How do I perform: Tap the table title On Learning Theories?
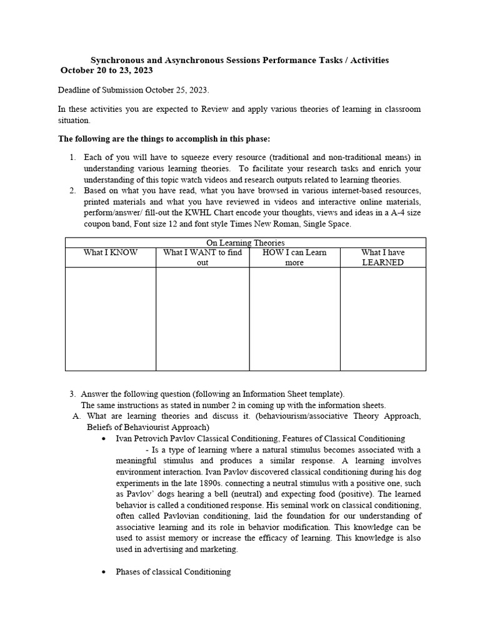pyautogui.click(x=245, y=242)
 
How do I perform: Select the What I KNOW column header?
pyautogui.click(x=111, y=252)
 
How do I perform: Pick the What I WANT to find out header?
pyautogui.click(x=202, y=257)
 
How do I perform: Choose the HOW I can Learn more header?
pyautogui.click(x=294, y=257)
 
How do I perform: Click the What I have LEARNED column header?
pyautogui.click(x=382, y=257)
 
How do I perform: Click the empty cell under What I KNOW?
pyautogui.click(x=111, y=319)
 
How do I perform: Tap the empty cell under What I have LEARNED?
pyautogui.click(x=382, y=319)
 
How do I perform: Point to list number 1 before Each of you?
pyautogui.click(x=72, y=157)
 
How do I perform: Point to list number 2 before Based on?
pyautogui.click(x=72, y=190)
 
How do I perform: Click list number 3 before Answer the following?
pyautogui.click(x=72, y=394)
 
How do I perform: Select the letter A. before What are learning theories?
pyautogui.click(x=76, y=416)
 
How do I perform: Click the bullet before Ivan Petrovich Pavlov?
pyautogui.click(x=103, y=439)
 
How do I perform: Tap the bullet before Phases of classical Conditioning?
pyautogui.click(x=103, y=572)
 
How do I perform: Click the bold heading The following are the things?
pyautogui.click(x=164, y=138)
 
